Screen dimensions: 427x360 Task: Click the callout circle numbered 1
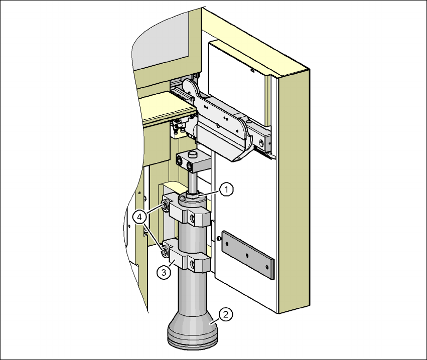(227, 190)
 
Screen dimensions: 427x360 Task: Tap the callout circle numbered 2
(225, 314)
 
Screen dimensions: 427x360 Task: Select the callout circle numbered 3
(164, 272)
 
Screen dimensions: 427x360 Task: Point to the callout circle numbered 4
(139, 217)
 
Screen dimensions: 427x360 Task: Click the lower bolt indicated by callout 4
(165, 251)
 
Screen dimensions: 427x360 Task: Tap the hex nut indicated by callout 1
(193, 196)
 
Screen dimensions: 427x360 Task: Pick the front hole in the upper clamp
(192, 218)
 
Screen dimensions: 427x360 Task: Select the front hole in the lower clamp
(192, 264)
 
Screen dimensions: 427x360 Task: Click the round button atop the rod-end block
(193, 154)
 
